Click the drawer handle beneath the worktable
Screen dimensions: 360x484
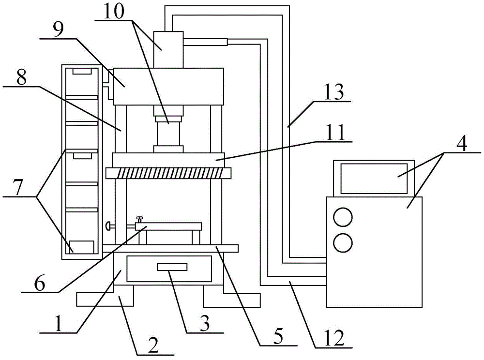click(x=171, y=267)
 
